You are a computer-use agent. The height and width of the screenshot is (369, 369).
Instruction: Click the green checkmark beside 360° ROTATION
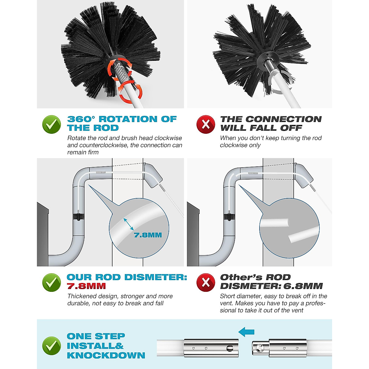point(51,125)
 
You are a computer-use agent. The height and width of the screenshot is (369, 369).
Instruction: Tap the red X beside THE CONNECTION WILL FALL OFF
point(206,125)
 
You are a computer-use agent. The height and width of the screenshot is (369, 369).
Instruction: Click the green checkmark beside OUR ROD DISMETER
point(51,282)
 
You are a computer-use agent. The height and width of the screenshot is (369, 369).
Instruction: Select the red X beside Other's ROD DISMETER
point(206,282)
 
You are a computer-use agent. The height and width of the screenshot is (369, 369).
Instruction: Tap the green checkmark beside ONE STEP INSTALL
point(51,346)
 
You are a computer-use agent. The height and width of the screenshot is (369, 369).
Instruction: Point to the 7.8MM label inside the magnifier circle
point(148,235)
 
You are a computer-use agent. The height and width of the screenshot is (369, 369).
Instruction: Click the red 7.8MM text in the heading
point(86,286)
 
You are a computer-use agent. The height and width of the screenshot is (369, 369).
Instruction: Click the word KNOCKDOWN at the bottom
point(106,355)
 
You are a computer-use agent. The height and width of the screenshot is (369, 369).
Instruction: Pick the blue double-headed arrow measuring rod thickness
point(129,224)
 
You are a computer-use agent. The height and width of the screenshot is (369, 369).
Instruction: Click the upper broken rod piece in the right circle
point(274,223)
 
